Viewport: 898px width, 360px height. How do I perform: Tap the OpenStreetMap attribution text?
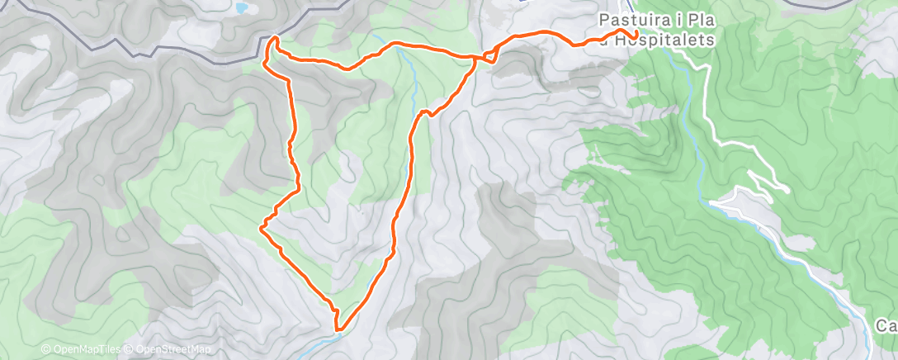[172, 350]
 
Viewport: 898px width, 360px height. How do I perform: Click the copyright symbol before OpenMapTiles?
[45, 350]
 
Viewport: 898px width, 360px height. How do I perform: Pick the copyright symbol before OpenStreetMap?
[130, 350]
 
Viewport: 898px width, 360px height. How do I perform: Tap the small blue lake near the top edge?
[242, 9]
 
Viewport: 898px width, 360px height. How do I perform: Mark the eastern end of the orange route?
[636, 33]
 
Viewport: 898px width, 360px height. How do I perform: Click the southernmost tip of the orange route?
[338, 329]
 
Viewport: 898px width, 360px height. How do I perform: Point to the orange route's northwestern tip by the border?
[275, 39]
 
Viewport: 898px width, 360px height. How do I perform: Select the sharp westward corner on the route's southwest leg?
[262, 225]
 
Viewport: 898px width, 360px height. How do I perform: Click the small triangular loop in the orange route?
[487, 56]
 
